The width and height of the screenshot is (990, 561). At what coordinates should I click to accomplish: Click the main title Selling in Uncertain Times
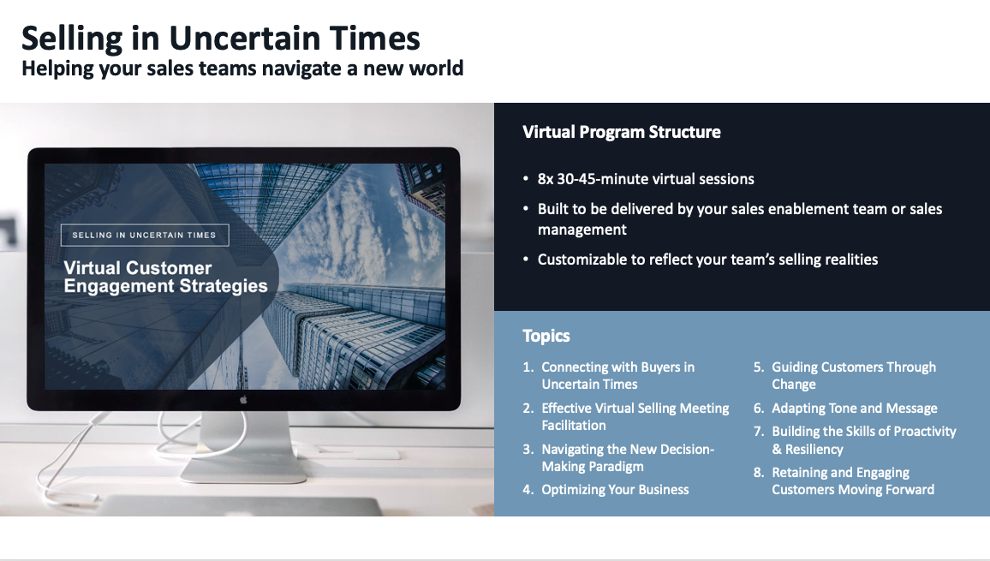coord(221,39)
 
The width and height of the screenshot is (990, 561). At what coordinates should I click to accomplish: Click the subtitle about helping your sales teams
coord(242,69)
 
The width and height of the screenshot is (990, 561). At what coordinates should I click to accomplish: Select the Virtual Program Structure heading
coord(621,132)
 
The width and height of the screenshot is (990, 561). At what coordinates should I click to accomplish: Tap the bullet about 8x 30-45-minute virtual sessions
coord(646,179)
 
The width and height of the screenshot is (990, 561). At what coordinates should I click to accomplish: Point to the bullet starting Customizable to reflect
coord(707,260)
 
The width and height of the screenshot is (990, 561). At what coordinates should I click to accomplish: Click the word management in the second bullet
coord(582,230)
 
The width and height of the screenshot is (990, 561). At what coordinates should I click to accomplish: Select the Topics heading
coord(546,336)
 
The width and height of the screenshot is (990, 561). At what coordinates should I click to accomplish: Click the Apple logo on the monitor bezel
coord(243,399)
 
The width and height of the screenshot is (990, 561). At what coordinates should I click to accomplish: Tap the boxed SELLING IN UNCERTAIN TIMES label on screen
coord(145,235)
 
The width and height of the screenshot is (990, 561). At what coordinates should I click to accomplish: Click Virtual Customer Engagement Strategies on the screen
coord(165,277)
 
